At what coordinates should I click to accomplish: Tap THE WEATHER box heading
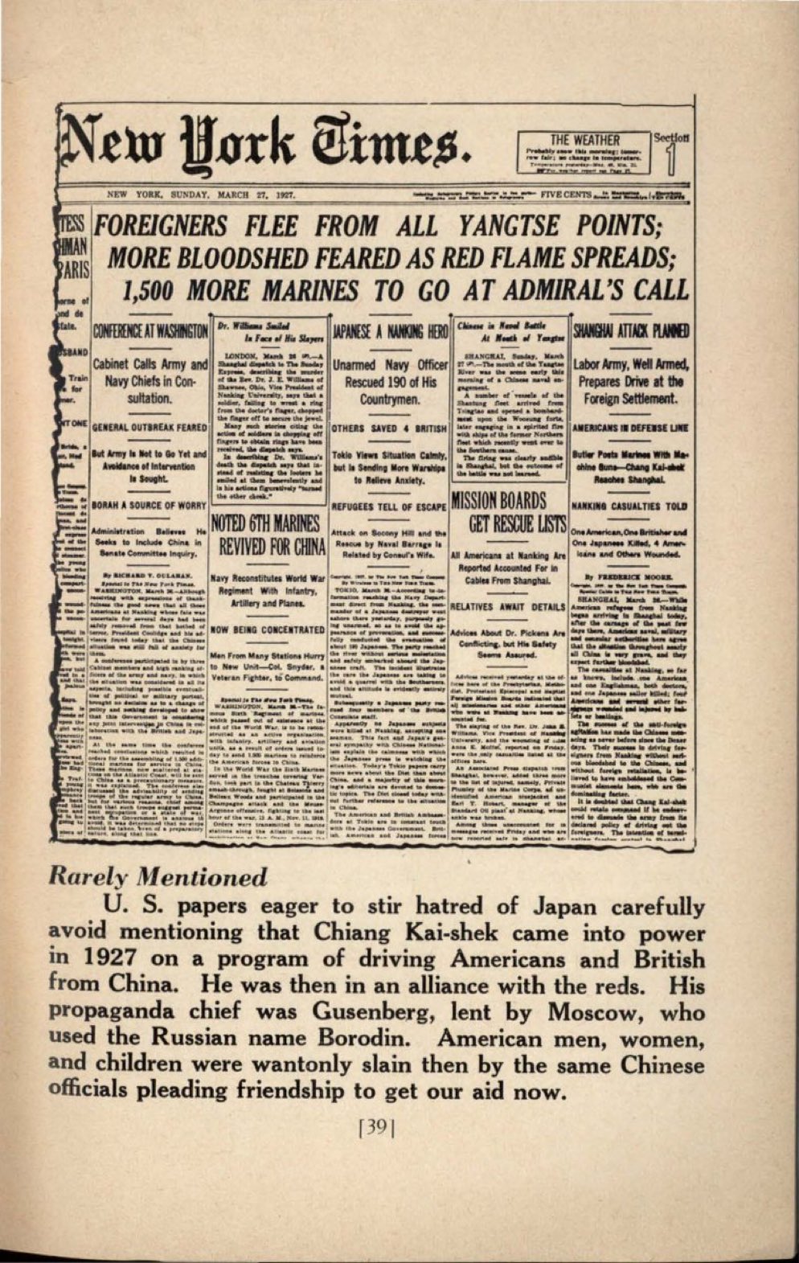(x=584, y=140)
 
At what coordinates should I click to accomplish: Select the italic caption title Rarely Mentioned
(x=158, y=876)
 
